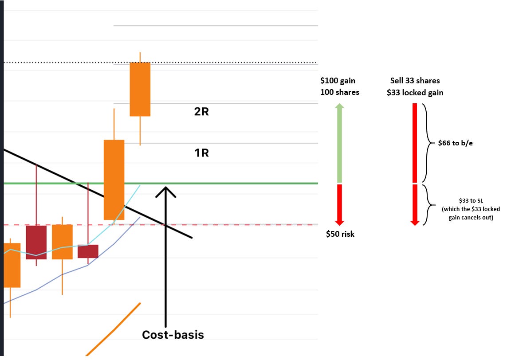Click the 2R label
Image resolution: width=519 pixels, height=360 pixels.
[201, 112]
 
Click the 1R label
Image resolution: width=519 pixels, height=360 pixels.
[201, 153]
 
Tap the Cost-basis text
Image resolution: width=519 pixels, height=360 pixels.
[173, 335]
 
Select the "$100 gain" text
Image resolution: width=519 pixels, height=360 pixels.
[338, 81]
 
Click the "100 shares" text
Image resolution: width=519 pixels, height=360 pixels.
[340, 92]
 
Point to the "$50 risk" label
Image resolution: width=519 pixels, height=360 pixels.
[340, 234]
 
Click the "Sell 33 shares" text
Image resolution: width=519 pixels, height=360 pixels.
[415, 81]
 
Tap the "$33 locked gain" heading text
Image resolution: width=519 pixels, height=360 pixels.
[415, 93]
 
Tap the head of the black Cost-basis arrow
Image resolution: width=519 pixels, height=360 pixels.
[165, 191]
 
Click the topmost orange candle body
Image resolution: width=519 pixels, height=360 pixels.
[140, 89]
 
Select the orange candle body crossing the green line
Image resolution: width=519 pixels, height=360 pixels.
[114, 180]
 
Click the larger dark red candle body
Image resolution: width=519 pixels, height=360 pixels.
[36, 242]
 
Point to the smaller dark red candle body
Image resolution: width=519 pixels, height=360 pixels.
[88, 251]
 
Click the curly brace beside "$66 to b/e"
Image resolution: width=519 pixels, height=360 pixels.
[426, 143]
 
